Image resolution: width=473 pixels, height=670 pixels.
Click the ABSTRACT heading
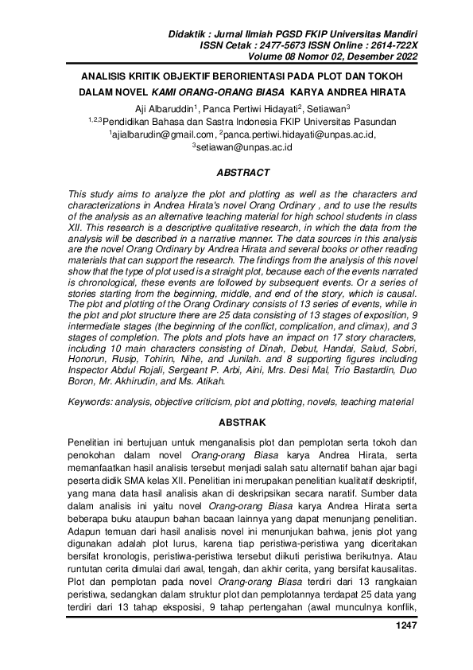(x=243, y=172)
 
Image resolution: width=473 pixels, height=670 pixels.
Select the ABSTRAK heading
(x=243, y=422)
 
